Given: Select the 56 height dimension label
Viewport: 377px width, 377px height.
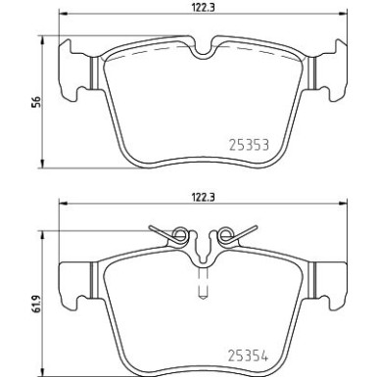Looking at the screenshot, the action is click(37, 102).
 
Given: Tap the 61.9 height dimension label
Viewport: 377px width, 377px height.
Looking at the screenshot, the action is click(37, 304).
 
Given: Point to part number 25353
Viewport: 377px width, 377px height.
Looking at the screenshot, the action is click(249, 145).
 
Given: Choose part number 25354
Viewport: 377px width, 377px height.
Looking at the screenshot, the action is click(248, 356).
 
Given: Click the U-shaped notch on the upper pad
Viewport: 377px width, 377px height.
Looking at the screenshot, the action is click(203, 50).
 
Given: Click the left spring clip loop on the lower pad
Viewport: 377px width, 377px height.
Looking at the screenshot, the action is click(180, 234).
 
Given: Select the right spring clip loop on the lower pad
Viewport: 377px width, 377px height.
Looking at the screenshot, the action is click(226, 234).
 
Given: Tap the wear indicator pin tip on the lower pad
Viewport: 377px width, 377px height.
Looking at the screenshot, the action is click(203, 297).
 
